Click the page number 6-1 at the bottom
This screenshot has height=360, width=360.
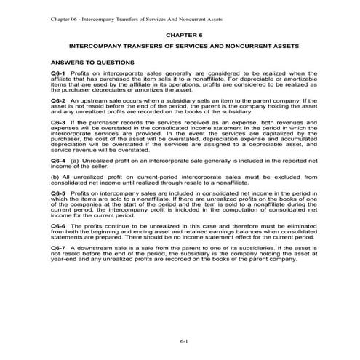(x=180, y=342)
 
